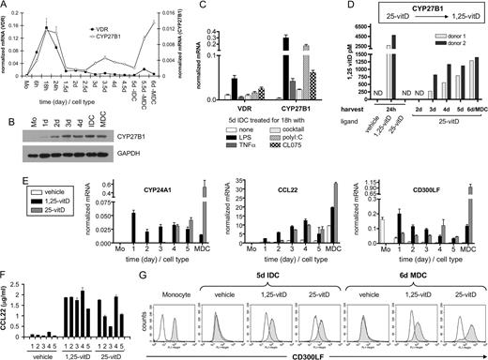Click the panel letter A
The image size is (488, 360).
tap(7, 7)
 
